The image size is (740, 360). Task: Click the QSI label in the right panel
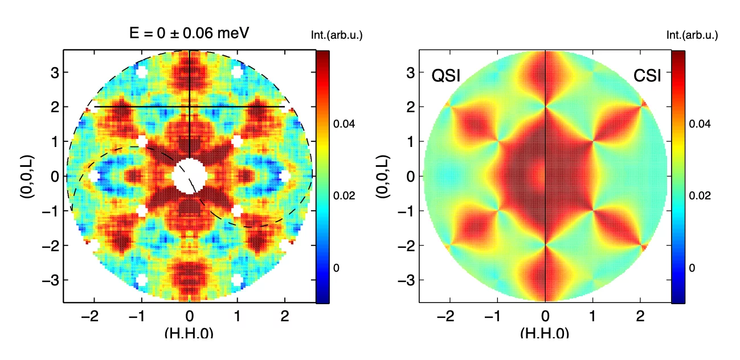[446, 76]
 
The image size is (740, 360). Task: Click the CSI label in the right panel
[647, 76]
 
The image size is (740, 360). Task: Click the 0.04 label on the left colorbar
[345, 124]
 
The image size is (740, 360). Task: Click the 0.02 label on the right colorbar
[701, 195]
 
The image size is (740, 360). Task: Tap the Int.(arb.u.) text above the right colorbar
[692, 35]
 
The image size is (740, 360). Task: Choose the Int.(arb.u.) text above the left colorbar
[337, 35]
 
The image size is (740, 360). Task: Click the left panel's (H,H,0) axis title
[189, 333]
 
